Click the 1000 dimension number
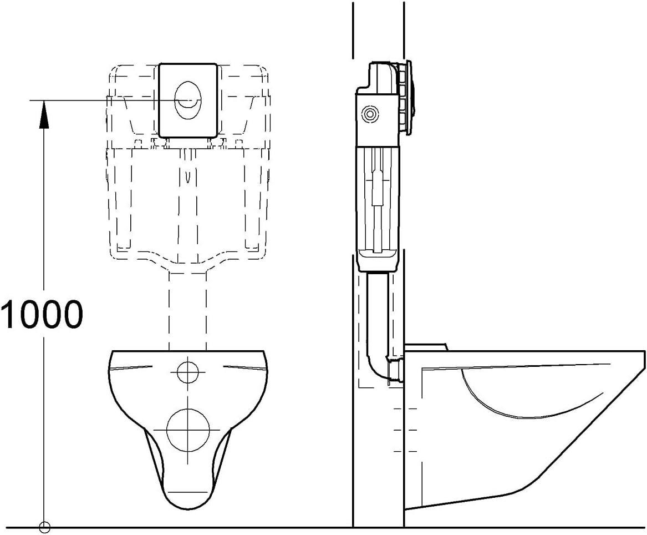[x=42, y=314]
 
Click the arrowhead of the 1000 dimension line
[x=44, y=114]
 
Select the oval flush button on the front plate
[x=188, y=100]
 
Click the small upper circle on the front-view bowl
[x=188, y=372]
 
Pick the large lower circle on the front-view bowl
[x=188, y=430]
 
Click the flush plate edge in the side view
[x=409, y=98]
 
